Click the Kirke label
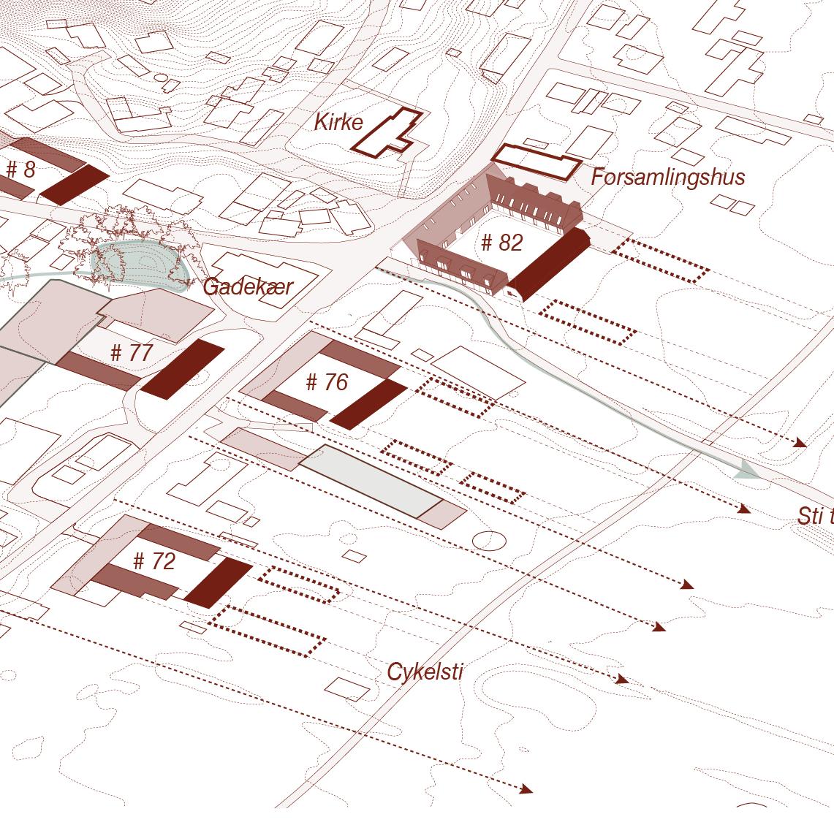pos(338,122)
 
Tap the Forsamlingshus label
pos(667,177)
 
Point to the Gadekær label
pos(247,286)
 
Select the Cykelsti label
pos(425,672)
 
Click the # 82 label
pos(502,243)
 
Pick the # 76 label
pos(327,382)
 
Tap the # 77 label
pos(131,354)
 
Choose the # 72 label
pos(154,561)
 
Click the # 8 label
pos(20,170)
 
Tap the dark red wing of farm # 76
pos(368,404)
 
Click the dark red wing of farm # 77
pos(183,369)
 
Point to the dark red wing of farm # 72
pos(218,583)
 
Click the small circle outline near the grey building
pos(489,541)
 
